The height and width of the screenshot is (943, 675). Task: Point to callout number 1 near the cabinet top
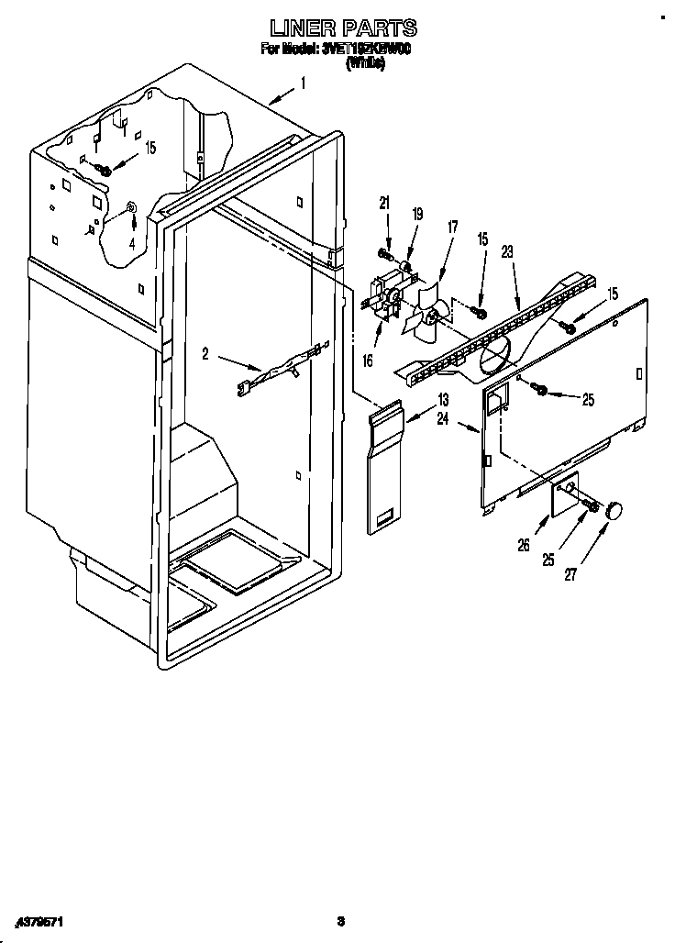click(x=304, y=84)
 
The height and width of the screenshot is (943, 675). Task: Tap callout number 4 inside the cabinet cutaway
click(x=131, y=243)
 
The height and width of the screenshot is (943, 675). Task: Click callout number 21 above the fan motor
click(x=384, y=203)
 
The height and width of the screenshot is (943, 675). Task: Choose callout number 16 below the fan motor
click(x=368, y=361)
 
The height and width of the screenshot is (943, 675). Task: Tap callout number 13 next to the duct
click(x=443, y=399)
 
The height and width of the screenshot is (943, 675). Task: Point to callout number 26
click(x=524, y=544)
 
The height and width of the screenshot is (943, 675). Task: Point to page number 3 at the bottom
click(x=339, y=920)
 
